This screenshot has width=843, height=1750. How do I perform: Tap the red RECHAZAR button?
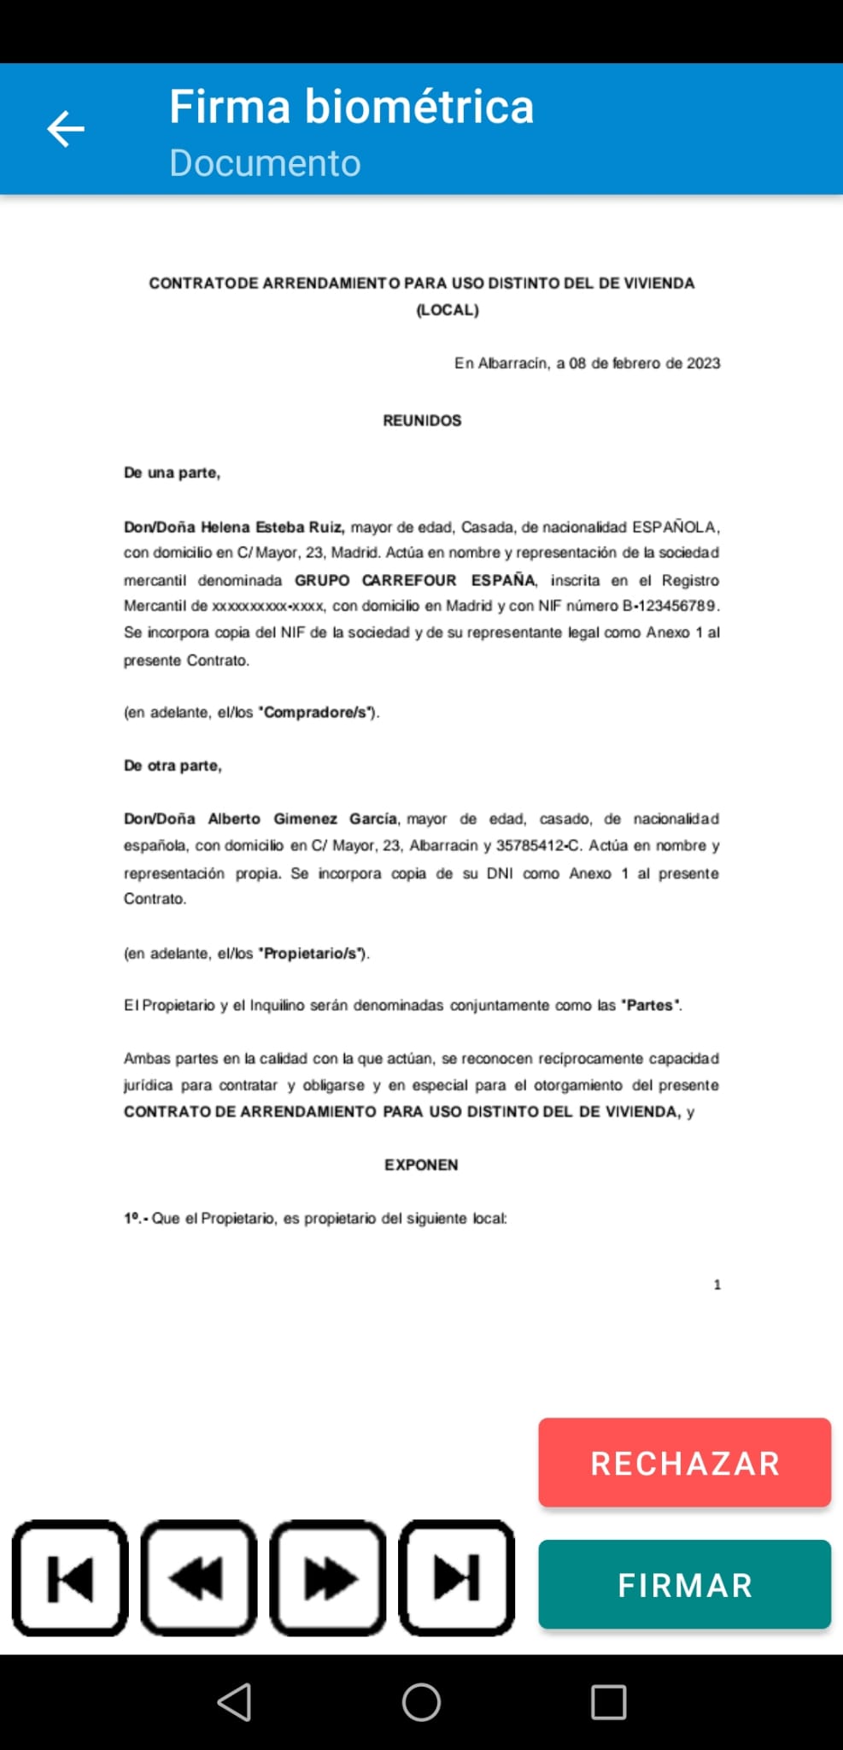(x=684, y=1463)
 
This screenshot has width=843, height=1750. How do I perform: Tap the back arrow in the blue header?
(x=66, y=129)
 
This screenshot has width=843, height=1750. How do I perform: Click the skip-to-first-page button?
(x=70, y=1577)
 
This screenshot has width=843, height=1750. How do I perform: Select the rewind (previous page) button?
(x=199, y=1577)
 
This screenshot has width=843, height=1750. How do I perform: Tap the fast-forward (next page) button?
(x=328, y=1577)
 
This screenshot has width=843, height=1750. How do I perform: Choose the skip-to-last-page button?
(x=457, y=1577)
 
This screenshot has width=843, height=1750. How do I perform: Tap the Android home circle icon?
(x=421, y=1702)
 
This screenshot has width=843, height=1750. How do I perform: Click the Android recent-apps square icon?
(x=608, y=1702)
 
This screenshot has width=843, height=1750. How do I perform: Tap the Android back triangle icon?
(x=235, y=1702)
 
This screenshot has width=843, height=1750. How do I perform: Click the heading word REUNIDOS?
(x=422, y=420)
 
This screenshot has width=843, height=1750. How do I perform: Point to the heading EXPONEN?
(x=421, y=1165)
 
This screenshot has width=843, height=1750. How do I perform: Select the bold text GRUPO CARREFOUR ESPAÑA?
(x=415, y=580)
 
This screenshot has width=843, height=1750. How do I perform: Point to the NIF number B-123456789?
(x=670, y=606)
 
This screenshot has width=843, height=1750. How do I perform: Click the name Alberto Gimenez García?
(x=303, y=819)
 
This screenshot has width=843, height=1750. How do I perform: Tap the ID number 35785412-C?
(x=538, y=846)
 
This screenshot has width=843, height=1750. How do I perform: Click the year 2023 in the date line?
(x=703, y=363)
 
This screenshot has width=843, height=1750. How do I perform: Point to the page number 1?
(x=717, y=1284)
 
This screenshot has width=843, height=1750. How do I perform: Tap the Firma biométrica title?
(x=351, y=107)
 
